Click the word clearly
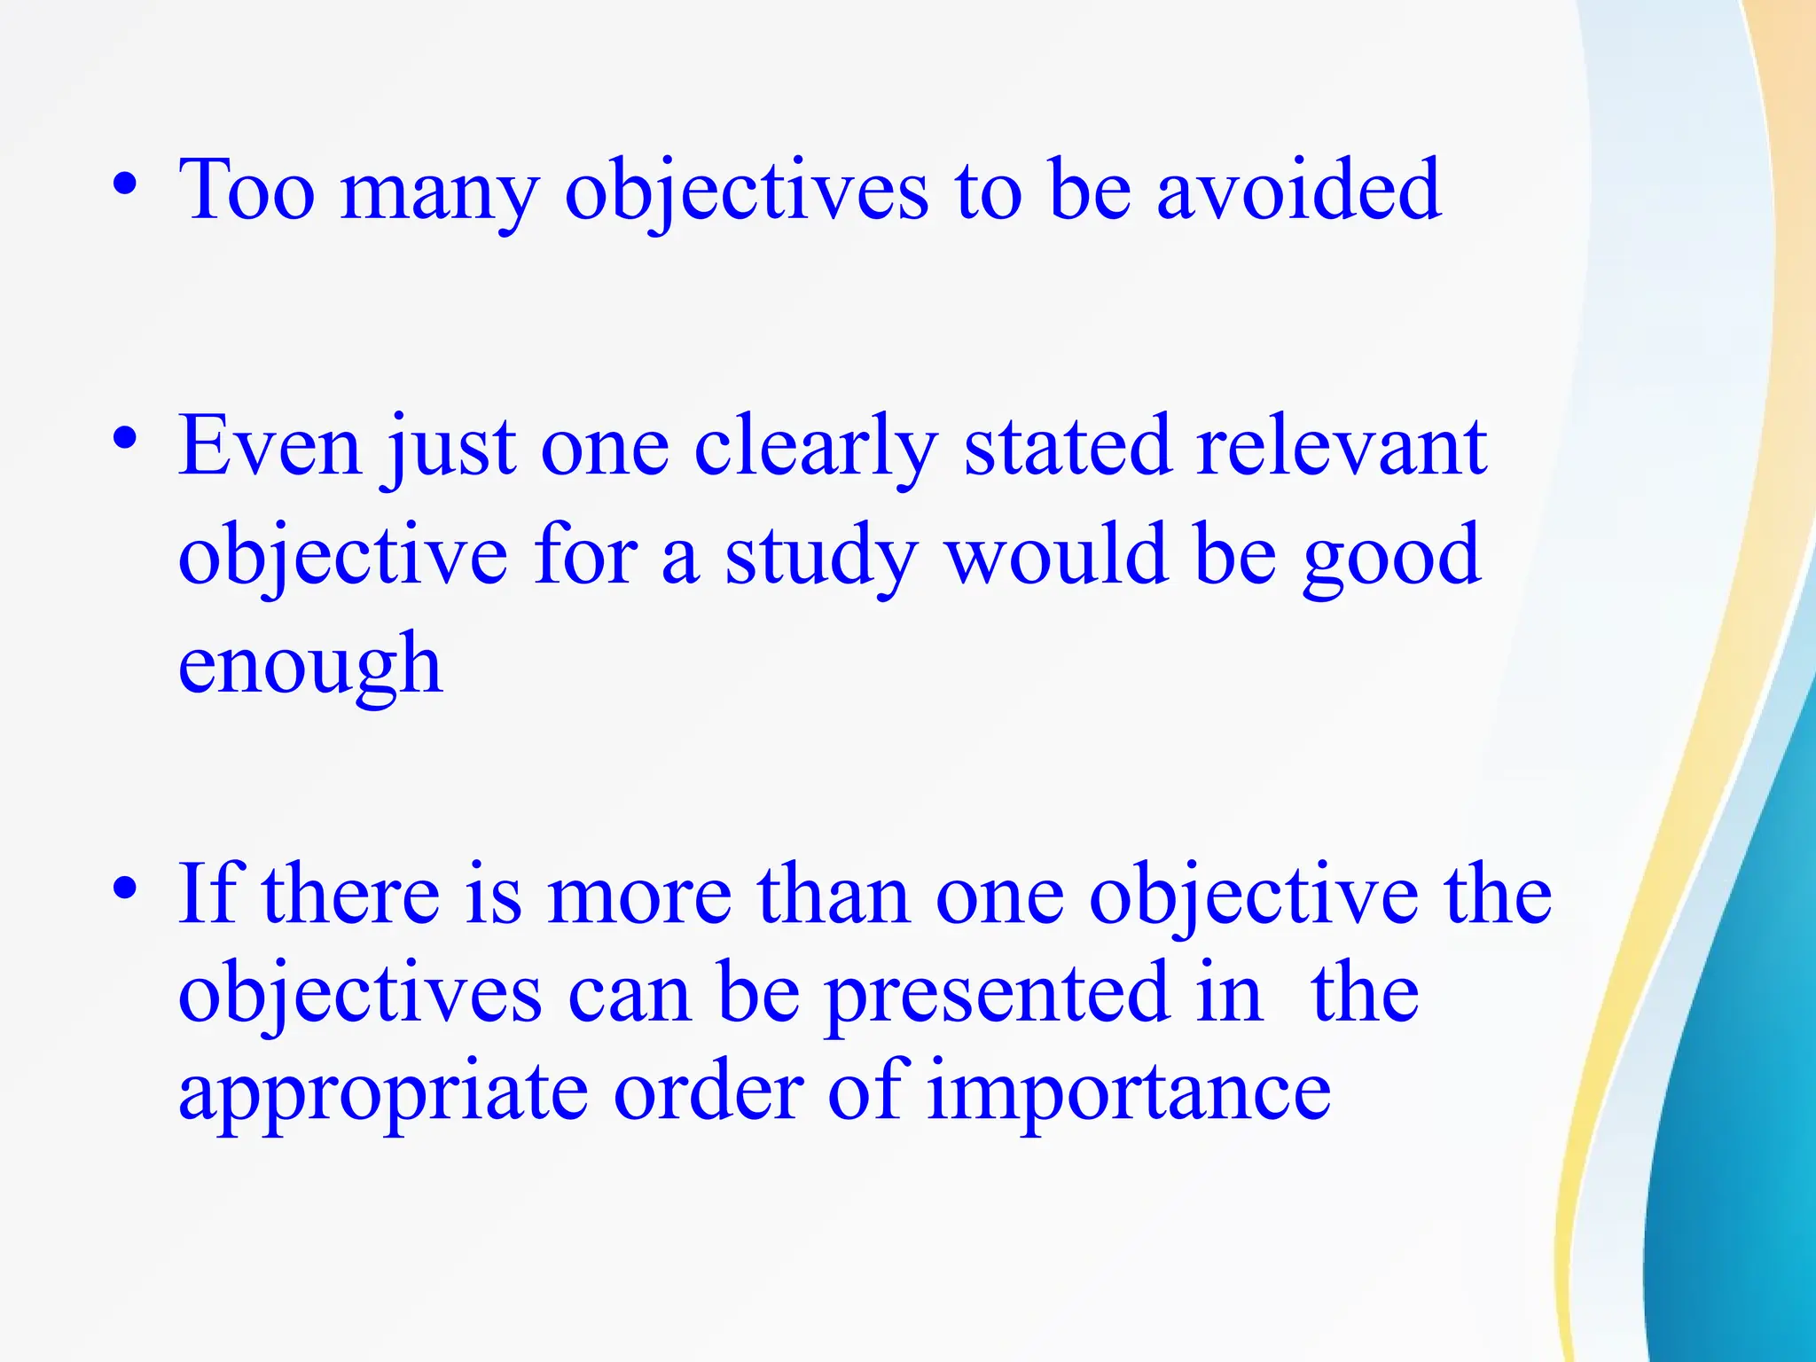[x=816, y=448]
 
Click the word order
[x=708, y=1091]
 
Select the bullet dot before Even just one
[x=125, y=440]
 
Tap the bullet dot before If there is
[x=125, y=888]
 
